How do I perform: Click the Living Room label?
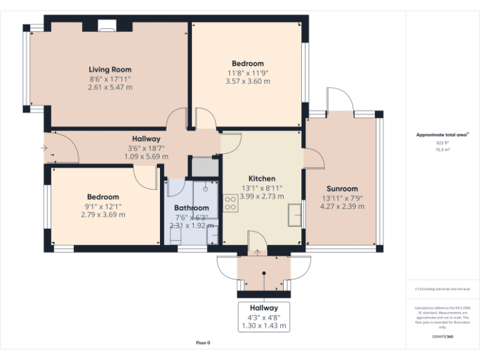[x=110, y=69]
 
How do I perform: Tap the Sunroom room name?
[x=342, y=189]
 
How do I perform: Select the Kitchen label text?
[x=261, y=179]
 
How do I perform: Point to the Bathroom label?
[x=191, y=207]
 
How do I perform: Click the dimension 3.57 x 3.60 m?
[x=247, y=81]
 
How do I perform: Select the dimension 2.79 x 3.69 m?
[x=103, y=215]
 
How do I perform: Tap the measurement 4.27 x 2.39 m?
[x=342, y=206]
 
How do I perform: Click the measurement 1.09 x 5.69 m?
[x=146, y=156]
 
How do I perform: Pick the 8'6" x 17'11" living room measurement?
[x=110, y=79]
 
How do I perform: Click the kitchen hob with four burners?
[x=229, y=202]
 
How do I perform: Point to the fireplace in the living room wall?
[x=107, y=26]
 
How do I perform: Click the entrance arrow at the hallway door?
[x=44, y=148]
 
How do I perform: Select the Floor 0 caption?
[x=203, y=342]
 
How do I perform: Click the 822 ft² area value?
[x=442, y=142]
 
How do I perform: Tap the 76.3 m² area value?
[x=442, y=149]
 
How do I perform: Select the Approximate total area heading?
[x=442, y=134]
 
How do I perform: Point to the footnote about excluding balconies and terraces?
[x=442, y=289]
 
